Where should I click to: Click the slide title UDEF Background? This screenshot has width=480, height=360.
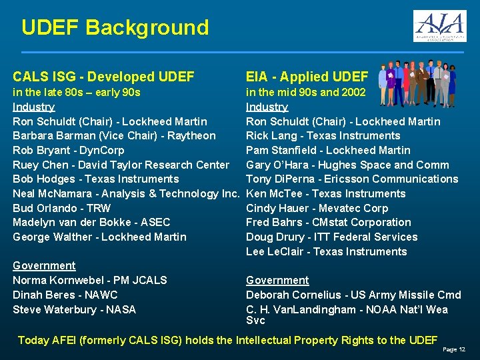tap(115, 28)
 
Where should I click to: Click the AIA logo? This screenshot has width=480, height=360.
tap(439, 26)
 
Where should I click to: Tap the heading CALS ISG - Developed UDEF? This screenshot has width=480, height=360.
tap(103, 77)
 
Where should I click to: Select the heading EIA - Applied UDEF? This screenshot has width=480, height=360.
tap(307, 77)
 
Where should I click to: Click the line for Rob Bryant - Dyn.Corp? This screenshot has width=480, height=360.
tap(69, 150)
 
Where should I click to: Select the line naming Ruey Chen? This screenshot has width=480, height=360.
tap(121, 165)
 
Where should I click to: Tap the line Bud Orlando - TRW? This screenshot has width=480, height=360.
tap(62, 208)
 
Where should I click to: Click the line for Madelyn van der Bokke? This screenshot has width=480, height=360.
tap(91, 222)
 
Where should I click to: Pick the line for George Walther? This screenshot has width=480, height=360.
tap(99, 237)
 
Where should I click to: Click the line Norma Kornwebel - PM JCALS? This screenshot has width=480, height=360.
tap(90, 280)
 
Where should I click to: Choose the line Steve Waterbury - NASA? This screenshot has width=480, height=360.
tap(74, 309)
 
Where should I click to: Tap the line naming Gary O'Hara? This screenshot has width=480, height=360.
tap(347, 165)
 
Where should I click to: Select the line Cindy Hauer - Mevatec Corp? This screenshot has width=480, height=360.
tap(317, 208)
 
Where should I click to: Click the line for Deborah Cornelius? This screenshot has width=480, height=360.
tap(353, 295)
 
